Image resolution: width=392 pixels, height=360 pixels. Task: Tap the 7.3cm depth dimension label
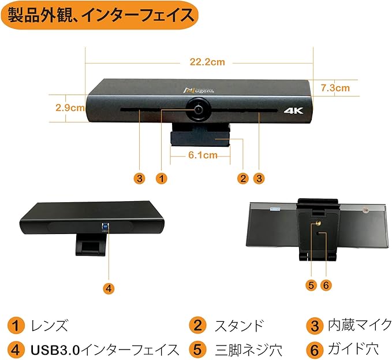[335, 88]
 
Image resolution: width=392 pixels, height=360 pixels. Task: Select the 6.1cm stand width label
[203, 155]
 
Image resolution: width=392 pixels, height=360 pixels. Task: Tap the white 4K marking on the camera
[294, 110]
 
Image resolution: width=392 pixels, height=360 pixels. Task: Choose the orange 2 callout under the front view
[243, 178]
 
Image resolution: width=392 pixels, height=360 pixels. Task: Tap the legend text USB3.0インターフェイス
[104, 348]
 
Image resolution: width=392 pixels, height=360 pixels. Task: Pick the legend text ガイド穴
[351, 348]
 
